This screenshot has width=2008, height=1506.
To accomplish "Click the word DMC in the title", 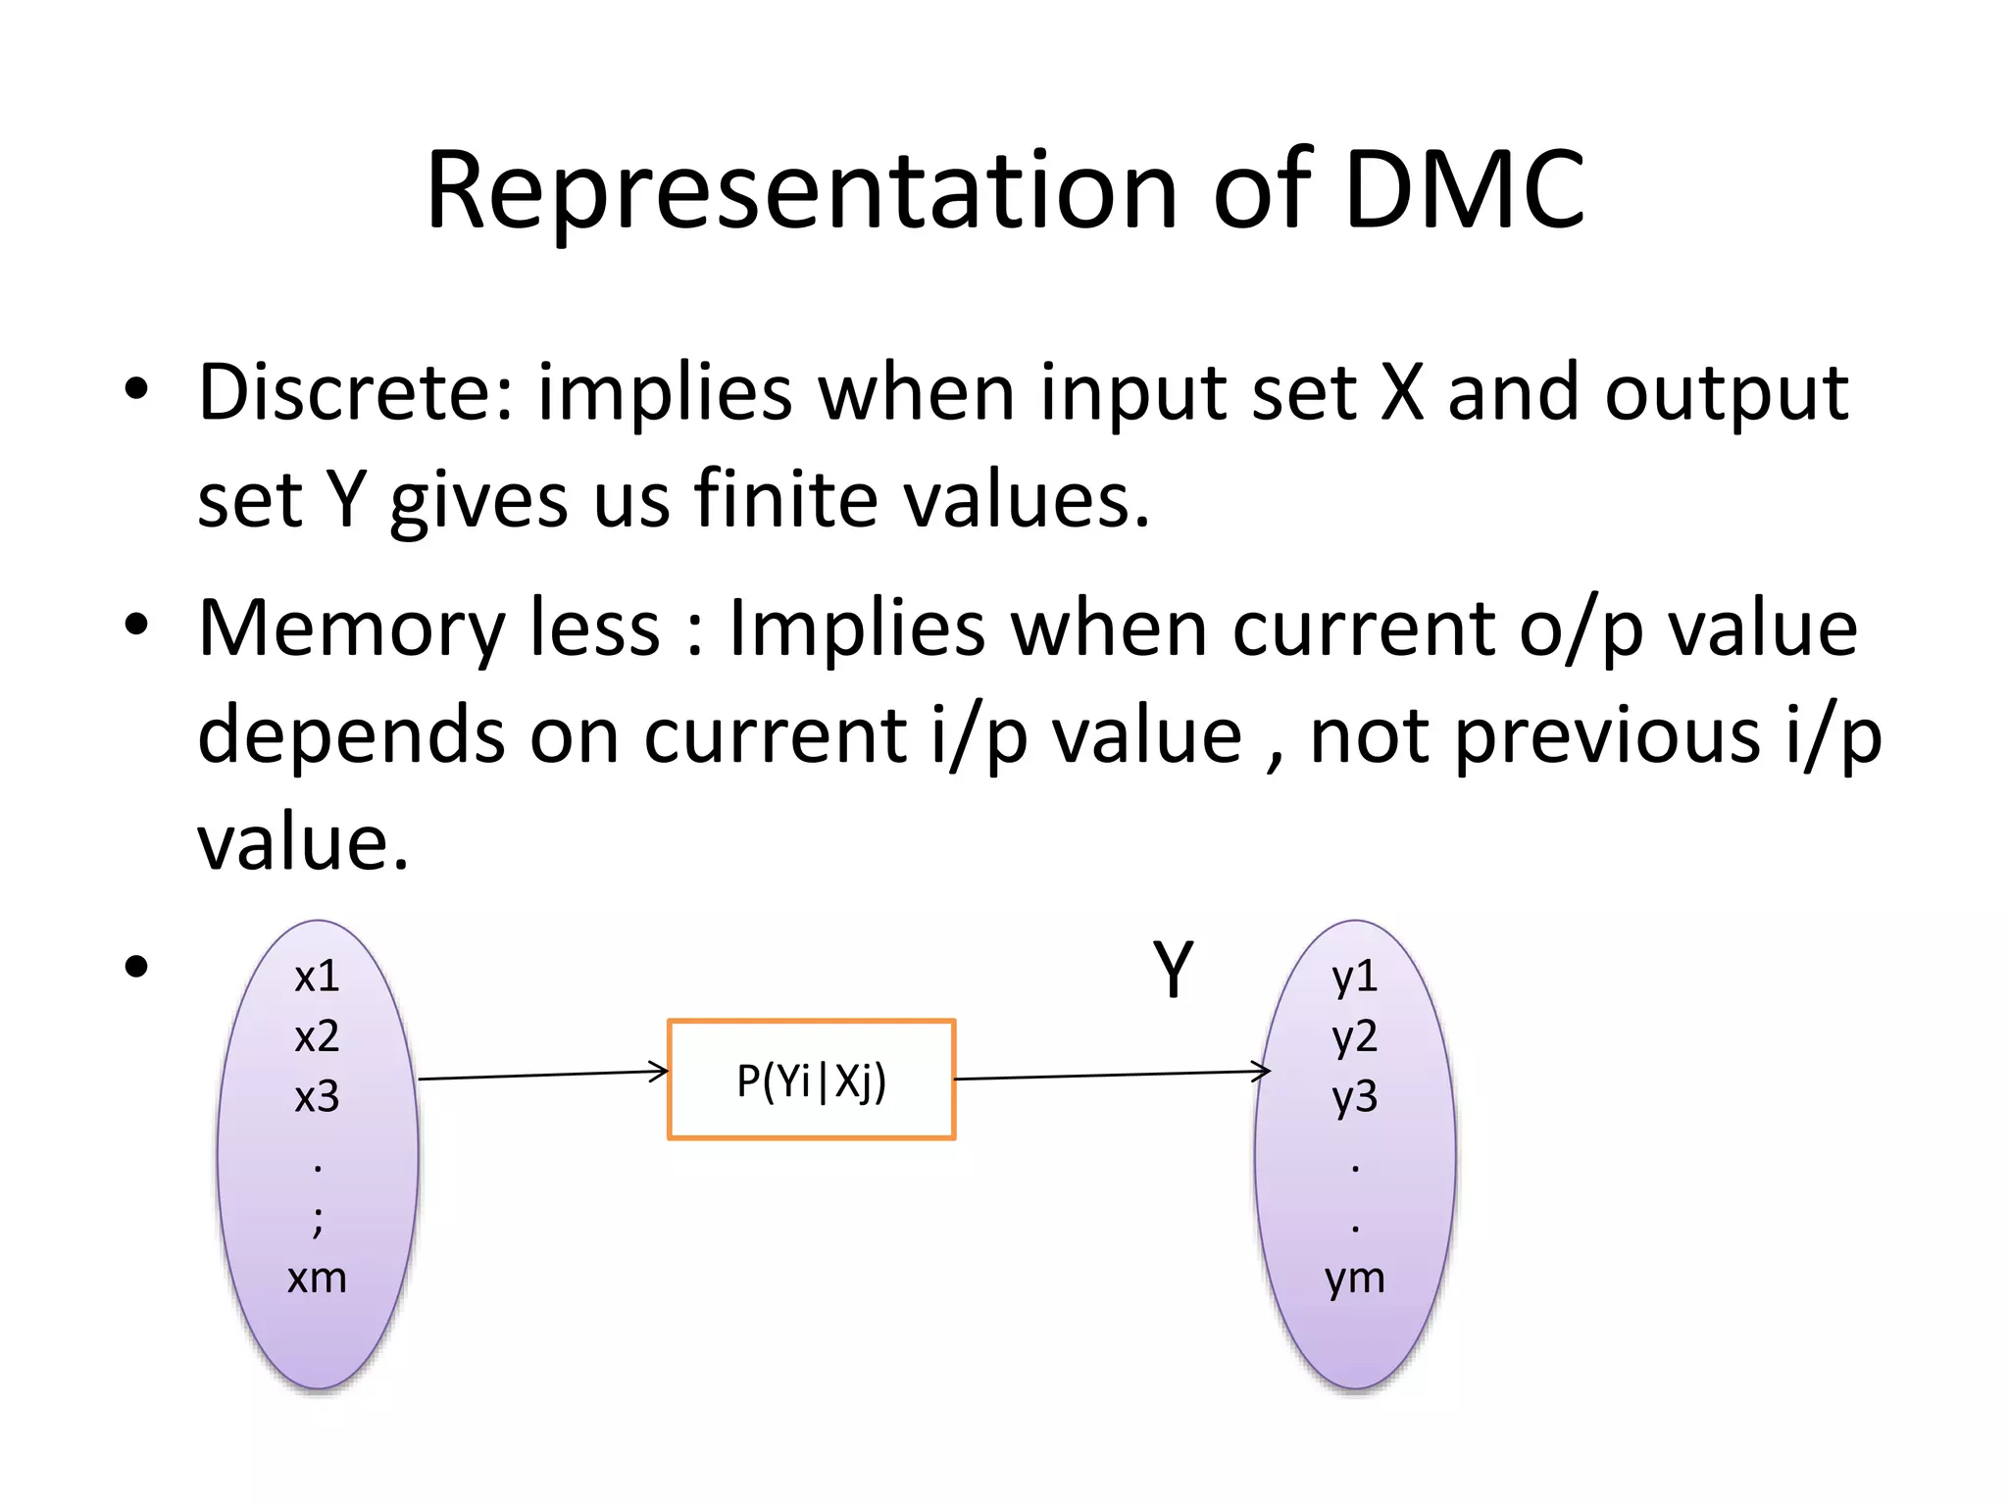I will point(1464,190).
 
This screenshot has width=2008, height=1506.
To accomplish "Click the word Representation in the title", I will point(801,190).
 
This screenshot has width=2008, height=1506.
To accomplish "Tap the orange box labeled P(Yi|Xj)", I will point(811,1079).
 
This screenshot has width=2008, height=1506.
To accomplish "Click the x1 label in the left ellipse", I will point(317,977).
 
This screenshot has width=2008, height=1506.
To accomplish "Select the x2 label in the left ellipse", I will point(317,1036).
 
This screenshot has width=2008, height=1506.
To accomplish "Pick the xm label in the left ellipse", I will point(317,1279).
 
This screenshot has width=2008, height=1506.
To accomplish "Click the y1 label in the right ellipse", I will point(1355,977).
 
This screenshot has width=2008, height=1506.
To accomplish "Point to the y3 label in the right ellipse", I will point(1355,1097).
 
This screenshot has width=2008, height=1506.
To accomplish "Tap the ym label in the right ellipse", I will point(1355,1279).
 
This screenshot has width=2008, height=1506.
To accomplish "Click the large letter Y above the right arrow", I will point(1173,970).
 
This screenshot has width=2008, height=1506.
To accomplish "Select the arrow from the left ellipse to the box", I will point(543,1076).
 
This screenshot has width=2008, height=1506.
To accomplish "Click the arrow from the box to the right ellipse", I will point(1112,1076).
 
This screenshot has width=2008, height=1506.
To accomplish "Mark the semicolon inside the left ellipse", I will point(318,1221).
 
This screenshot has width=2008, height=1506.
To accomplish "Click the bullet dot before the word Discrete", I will point(136,389).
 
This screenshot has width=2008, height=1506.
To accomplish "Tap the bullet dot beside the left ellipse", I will point(136,967).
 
